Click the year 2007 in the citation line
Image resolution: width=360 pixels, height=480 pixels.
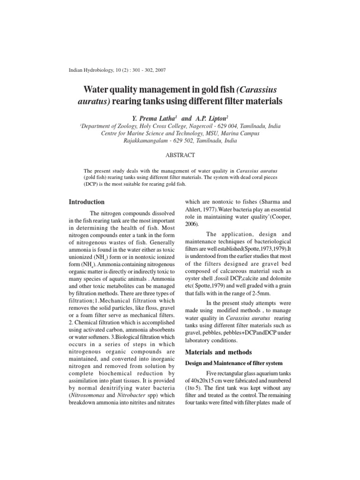pos(157,70)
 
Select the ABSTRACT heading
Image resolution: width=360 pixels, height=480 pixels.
pos(180,154)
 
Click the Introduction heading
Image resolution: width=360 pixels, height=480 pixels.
pos(87,202)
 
